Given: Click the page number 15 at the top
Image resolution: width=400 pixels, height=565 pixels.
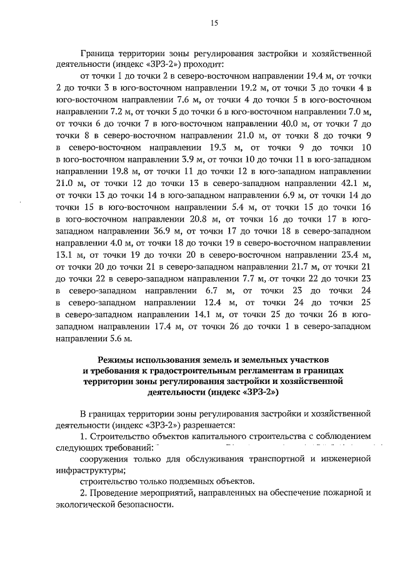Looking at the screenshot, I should point(214,23).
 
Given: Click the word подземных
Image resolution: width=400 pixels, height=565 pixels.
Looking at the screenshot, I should point(187,482).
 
